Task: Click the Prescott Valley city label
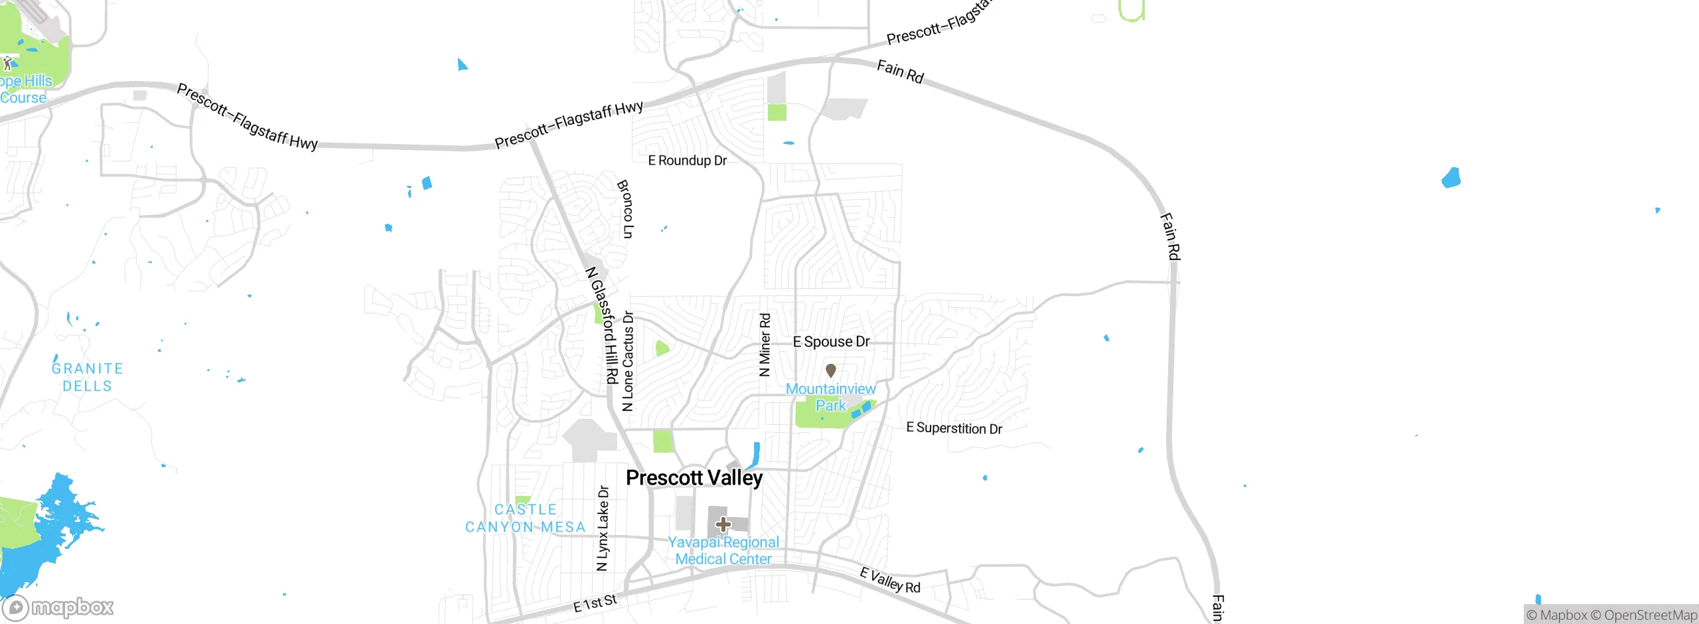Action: coord(694,478)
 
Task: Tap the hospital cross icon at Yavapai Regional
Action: coord(723,524)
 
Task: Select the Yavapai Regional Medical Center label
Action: coord(723,551)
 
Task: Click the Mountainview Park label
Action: coord(830,397)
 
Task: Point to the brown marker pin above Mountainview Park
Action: coord(830,370)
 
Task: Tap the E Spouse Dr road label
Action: coord(831,342)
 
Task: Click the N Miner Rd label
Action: coord(765,345)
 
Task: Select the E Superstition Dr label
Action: coord(954,428)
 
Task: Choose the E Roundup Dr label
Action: coord(688,161)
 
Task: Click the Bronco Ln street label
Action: coord(625,209)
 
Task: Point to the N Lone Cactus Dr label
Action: coord(628,362)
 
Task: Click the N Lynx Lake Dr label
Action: coord(603,528)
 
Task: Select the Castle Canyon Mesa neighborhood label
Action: coord(526,518)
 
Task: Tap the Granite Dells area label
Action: coord(88,377)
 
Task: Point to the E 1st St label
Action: coord(595,603)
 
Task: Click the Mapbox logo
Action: coord(58,607)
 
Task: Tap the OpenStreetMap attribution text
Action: coord(1650,615)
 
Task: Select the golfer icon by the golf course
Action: coord(7,64)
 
